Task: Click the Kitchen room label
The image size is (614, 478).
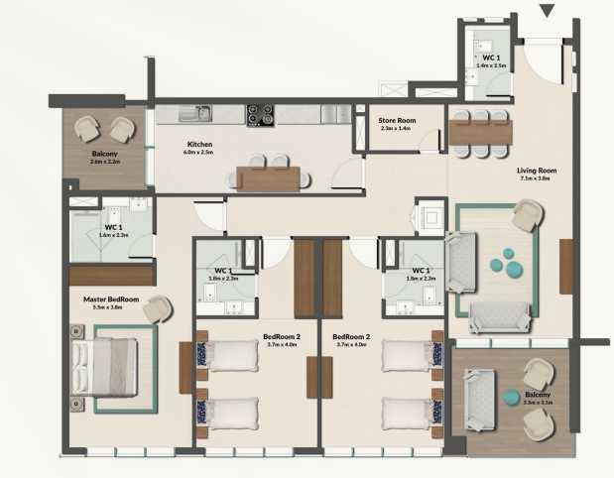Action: tap(199, 144)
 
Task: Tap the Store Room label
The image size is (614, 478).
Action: tap(398, 120)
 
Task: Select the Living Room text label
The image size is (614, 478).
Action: tap(537, 171)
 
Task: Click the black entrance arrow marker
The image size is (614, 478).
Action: tap(547, 11)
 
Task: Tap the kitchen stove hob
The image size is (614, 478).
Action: tap(260, 114)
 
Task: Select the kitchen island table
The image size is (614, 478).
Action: tap(269, 178)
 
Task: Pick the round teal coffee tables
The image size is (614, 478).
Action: tap(510, 261)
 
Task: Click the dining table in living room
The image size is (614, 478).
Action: tap(480, 131)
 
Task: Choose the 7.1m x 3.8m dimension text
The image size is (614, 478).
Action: tap(537, 179)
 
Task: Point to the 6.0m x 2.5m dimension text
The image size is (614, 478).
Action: tap(199, 153)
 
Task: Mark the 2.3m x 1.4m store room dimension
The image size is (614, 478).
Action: tap(398, 129)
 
